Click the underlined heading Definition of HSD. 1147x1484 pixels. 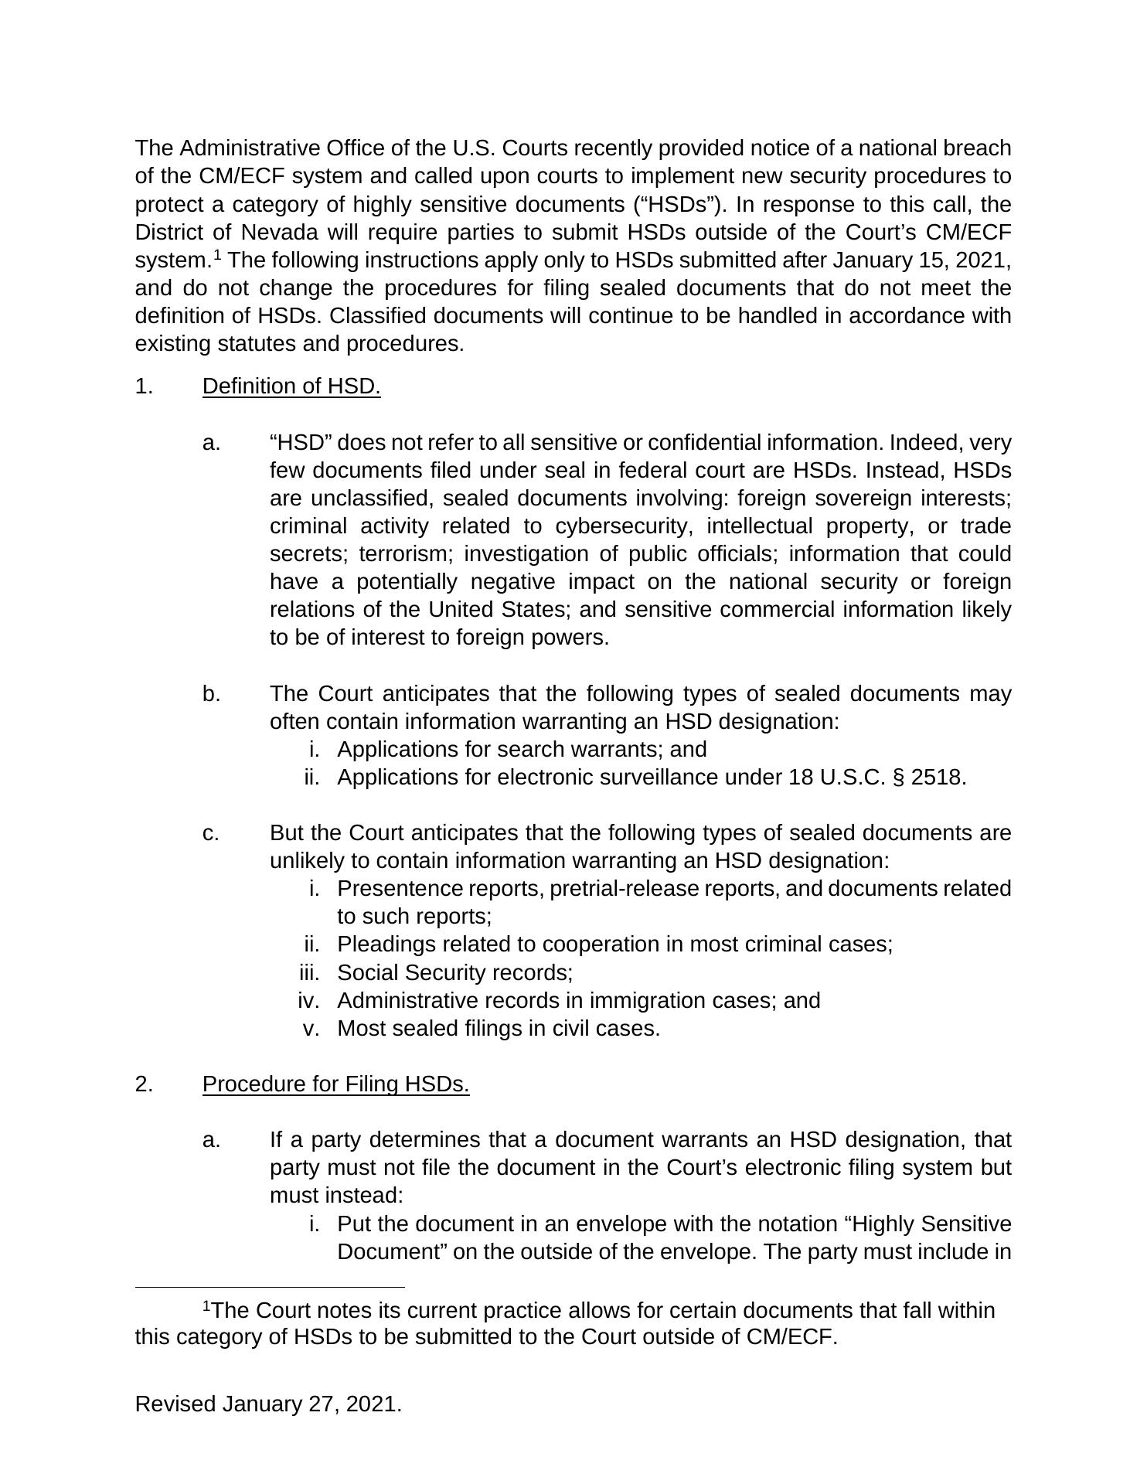[291, 386]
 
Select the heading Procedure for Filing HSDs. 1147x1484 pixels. [335, 1084]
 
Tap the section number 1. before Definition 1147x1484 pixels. [144, 386]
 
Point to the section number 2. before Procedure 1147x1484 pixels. [144, 1084]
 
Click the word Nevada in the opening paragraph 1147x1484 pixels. [277, 233]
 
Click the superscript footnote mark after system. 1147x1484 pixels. [218, 254]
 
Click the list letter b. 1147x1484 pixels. [211, 694]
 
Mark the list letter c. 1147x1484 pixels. [211, 833]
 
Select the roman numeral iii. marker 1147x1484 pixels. [309, 972]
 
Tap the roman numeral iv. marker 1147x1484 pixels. [308, 1001]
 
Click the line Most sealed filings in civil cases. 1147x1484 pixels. [499, 1029]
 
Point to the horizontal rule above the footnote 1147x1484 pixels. [270, 1288]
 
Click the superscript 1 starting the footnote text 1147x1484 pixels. [206, 1306]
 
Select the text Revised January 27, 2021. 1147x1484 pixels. [268, 1404]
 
